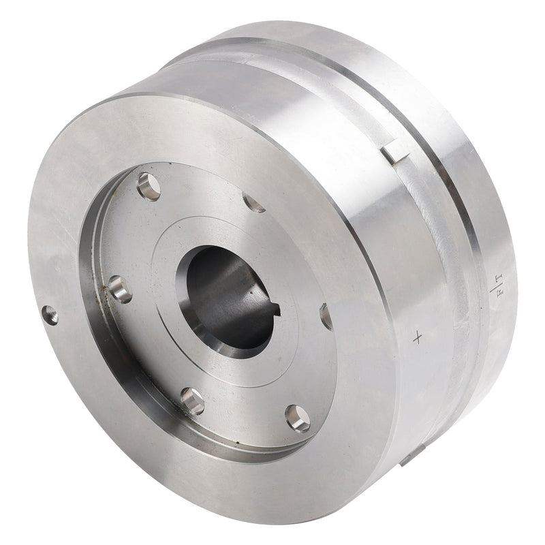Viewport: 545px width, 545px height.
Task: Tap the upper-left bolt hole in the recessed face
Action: (149, 185)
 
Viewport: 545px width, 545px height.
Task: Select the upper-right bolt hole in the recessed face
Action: (253, 202)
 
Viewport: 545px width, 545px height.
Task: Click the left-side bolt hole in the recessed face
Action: (120, 289)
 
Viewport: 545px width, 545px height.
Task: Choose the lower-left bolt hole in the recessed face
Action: (193, 401)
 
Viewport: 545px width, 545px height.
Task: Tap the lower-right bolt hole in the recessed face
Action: (298, 418)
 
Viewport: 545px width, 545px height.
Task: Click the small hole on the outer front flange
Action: (50, 314)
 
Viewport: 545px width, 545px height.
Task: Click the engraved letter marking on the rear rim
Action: (495, 284)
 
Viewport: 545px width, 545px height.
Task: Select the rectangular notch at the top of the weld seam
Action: (395, 151)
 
